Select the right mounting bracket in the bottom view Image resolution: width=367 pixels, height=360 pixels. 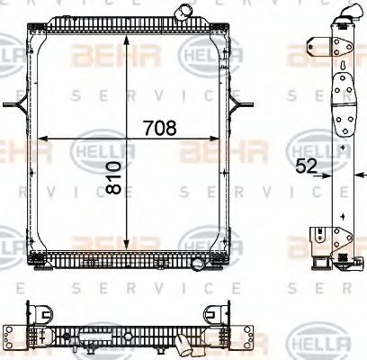(x=215, y=314)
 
